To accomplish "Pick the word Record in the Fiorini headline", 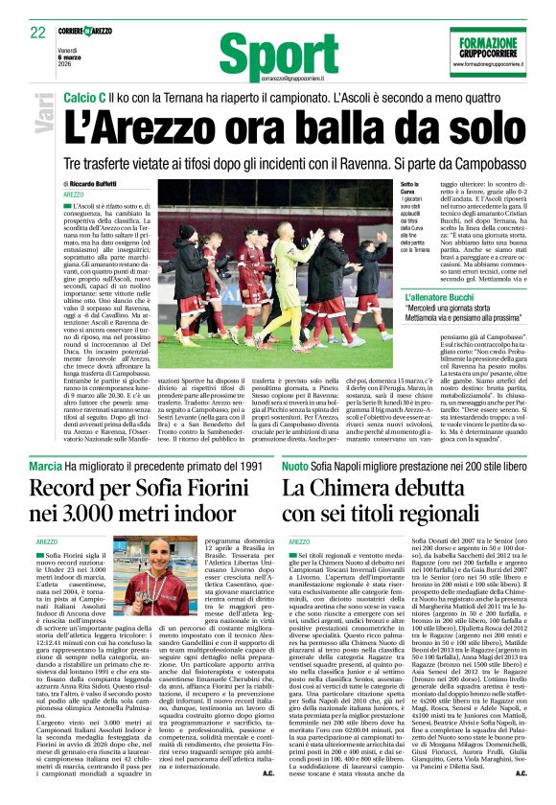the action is pyautogui.click(x=71, y=489).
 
